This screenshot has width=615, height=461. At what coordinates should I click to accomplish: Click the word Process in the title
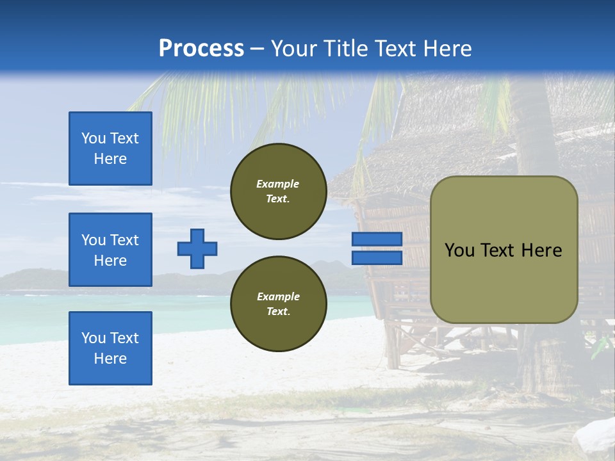click(x=201, y=49)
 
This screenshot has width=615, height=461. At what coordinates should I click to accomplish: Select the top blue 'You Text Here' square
click(x=110, y=149)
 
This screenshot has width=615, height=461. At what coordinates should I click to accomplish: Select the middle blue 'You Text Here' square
click(x=110, y=250)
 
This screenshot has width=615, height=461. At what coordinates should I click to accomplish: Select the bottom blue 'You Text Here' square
click(x=110, y=348)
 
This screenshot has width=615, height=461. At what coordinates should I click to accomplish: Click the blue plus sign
click(x=197, y=248)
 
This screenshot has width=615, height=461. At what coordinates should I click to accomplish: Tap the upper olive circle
click(x=278, y=191)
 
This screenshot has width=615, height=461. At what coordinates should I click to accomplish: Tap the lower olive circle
click(x=278, y=304)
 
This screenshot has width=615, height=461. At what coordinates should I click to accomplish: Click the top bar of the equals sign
click(x=377, y=239)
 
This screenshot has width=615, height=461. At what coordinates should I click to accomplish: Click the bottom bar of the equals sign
click(x=377, y=257)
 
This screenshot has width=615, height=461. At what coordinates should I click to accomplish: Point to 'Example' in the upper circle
click(x=278, y=184)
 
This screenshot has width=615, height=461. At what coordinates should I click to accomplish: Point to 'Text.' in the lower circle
click(x=278, y=312)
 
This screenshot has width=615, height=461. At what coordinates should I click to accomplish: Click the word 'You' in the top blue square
click(x=93, y=138)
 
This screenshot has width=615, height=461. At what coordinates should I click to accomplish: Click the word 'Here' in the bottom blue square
click(x=110, y=359)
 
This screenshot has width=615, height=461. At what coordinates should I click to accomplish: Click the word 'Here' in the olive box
click(x=542, y=250)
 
